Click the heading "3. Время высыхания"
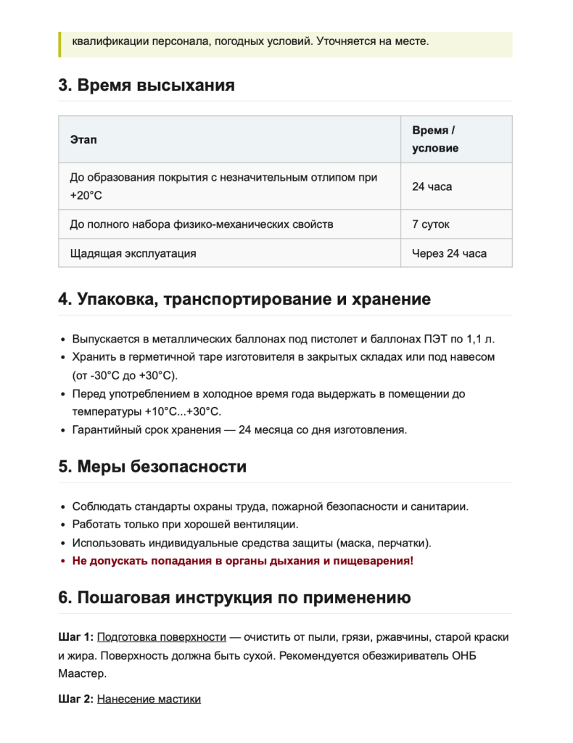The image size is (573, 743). (147, 86)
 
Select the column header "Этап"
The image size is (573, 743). (83, 139)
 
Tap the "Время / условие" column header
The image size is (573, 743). (435, 139)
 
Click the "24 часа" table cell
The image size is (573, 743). (432, 186)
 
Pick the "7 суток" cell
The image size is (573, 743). (431, 224)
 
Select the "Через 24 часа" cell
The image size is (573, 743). (449, 253)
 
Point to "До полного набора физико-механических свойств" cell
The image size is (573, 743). (202, 224)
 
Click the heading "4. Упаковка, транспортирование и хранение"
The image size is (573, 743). (244, 300)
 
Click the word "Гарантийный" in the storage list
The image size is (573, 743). (105, 430)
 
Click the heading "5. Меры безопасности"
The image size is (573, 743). (152, 467)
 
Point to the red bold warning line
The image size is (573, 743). (243, 561)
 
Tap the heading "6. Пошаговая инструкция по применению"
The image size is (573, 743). (234, 598)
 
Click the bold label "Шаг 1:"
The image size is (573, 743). (75, 637)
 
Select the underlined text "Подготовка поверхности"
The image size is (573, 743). (161, 637)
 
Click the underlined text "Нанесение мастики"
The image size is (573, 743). (149, 699)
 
